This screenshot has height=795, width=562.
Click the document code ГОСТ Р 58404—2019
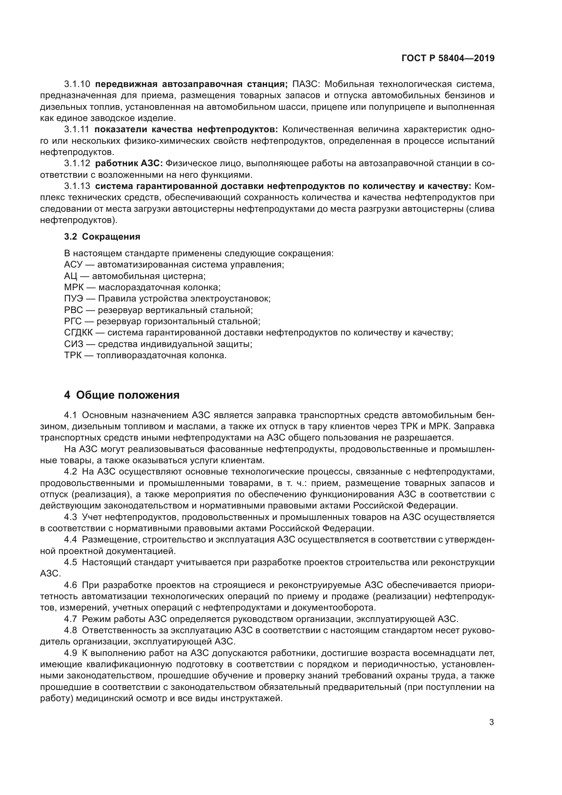[x=448, y=58]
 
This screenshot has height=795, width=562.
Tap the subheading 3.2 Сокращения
[x=102, y=237]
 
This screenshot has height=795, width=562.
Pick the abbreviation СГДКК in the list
[x=78, y=333]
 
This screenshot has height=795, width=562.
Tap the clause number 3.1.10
[x=77, y=84]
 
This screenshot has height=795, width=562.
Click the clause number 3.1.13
[x=77, y=186]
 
